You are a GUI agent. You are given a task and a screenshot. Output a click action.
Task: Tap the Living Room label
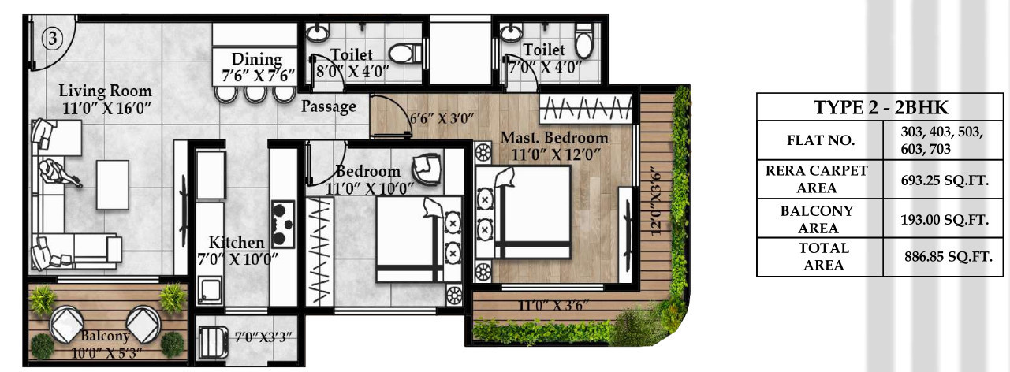pos(106,99)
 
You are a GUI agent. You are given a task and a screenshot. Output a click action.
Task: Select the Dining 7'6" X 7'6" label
pos(257,67)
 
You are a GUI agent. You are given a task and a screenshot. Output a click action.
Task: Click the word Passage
pos(329,106)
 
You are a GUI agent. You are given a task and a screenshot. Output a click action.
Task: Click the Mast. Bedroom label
pos(554,145)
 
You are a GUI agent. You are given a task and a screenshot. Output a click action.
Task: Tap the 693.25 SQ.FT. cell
pos(944,180)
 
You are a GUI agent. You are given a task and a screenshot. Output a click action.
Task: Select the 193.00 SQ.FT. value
pos(944,220)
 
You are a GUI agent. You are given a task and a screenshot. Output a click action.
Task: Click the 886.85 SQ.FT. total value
pos(946,256)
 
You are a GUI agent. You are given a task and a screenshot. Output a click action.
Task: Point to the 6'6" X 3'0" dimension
pos(442,120)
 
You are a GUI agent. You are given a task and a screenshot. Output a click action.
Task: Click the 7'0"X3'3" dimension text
pos(263,337)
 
